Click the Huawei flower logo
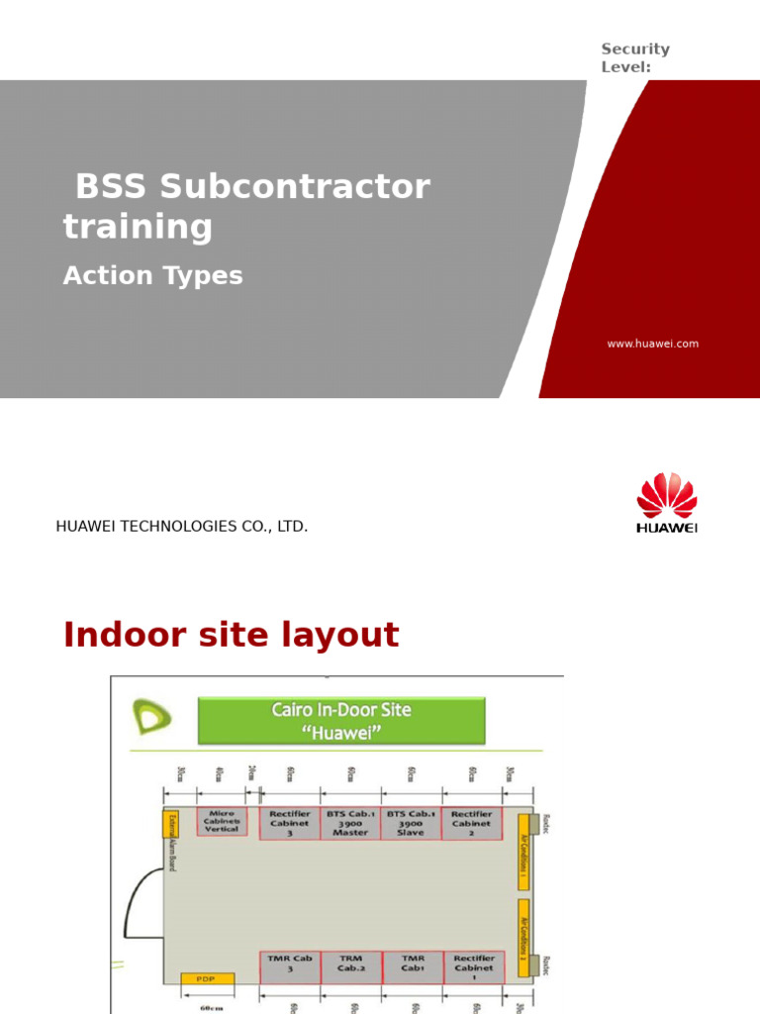[x=666, y=496]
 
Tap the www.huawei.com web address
[x=652, y=344]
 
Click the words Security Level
[x=635, y=57]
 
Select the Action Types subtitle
[x=152, y=276]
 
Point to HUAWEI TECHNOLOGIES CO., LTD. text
[x=182, y=527]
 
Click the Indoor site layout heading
[x=231, y=635]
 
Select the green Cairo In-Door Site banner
[x=341, y=720]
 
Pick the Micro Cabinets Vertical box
[x=222, y=822]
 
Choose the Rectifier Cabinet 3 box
[x=290, y=824]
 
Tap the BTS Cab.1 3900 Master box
[x=350, y=824]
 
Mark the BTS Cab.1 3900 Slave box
[x=411, y=824]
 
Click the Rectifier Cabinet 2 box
[x=471, y=824]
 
